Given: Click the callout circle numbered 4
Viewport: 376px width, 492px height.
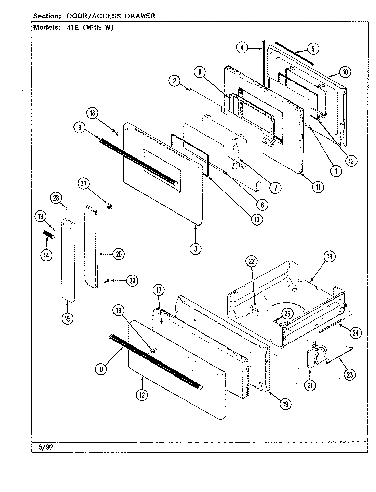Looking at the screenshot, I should pyautogui.click(x=242, y=48).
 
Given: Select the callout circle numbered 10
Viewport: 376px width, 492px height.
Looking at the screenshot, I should pyautogui.click(x=345, y=72).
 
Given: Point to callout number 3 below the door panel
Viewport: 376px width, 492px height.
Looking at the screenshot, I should pyautogui.click(x=196, y=249).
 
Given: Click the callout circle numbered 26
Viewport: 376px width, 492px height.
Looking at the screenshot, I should pyautogui.click(x=118, y=254).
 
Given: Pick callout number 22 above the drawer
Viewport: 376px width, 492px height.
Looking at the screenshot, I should pyautogui.click(x=252, y=261).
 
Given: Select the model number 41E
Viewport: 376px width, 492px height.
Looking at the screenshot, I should pyautogui.click(x=73, y=28).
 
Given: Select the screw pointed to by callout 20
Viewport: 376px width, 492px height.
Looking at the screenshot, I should pyautogui.click(x=107, y=281).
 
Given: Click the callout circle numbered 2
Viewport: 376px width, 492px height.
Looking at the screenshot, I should pyautogui.click(x=174, y=81).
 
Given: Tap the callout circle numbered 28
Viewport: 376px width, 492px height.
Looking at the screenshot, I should pyautogui.click(x=56, y=197).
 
